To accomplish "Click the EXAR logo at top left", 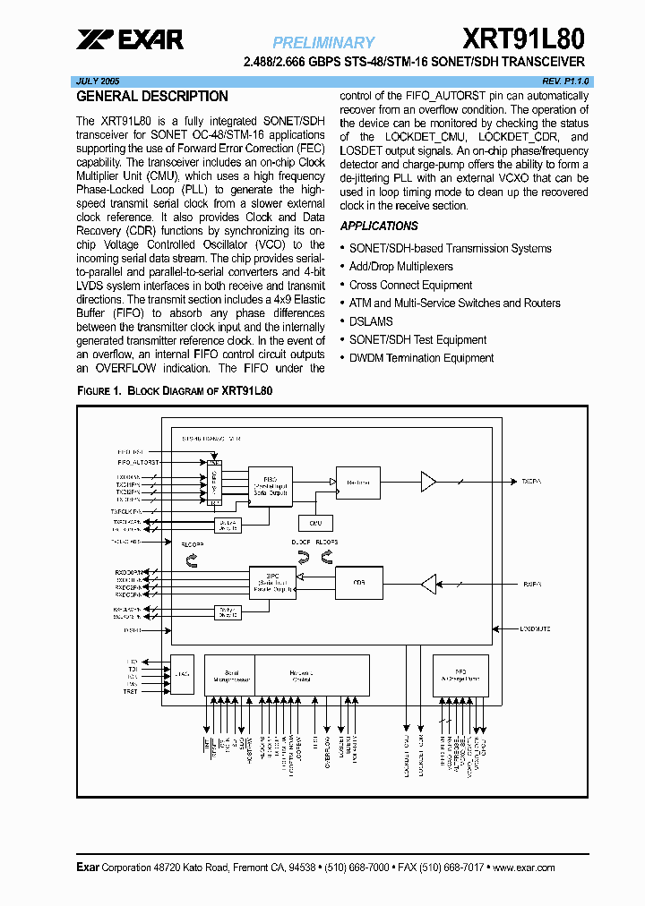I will tap(130, 39).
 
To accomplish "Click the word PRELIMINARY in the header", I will tap(323, 42).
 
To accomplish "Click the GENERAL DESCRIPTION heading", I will tap(152, 97).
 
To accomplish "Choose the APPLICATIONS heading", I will tap(379, 226).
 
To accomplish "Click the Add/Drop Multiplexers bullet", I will tap(400, 267).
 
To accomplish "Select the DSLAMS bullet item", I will tap(371, 321).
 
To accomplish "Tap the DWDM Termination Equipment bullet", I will tap(421, 358).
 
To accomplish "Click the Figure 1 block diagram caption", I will tap(175, 391).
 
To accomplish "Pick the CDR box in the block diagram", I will tap(358, 583).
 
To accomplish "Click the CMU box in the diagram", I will tap(315, 523).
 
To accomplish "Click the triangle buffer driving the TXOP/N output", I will tap(428, 483).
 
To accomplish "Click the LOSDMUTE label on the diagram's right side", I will tap(536, 628).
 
